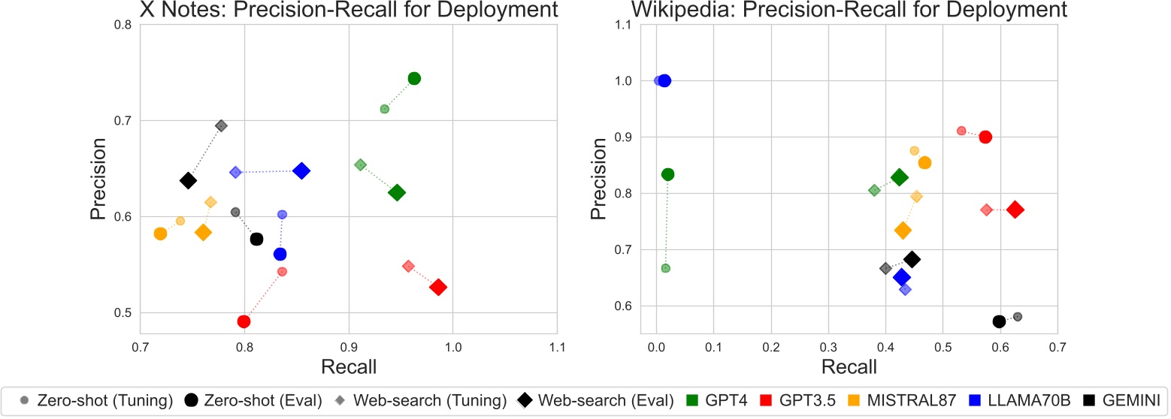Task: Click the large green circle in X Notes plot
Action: click(x=414, y=79)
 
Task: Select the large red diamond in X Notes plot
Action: click(x=438, y=288)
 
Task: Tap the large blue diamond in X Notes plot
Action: click(x=301, y=170)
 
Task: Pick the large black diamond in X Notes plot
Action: click(x=188, y=180)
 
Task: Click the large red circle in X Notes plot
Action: click(x=244, y=321)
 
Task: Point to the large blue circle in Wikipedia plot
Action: click(x=664, y=80)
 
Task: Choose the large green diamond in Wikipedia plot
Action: click(x=899, y=177)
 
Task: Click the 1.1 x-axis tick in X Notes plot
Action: click(x=557, y=347)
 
